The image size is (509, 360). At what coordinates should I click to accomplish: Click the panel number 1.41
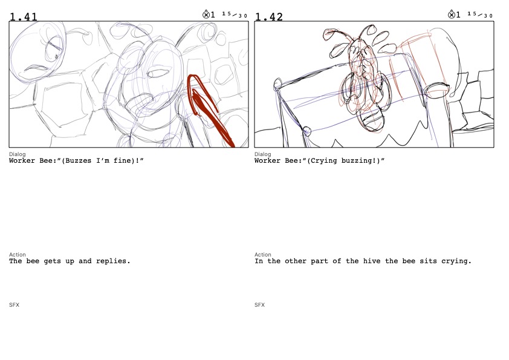click(x=24, y=16)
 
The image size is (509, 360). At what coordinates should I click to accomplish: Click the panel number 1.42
click(x=269, y=16)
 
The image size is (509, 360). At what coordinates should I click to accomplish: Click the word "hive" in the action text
click(x=372, y=261)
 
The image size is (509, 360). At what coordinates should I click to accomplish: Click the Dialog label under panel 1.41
click(x=17, y=154)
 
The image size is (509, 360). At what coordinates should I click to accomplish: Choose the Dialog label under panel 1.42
click(x=262, y=154)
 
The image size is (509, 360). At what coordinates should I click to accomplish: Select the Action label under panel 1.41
click(x=17, y=255)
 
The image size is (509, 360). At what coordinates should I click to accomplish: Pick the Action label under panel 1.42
click(x=262, y=255)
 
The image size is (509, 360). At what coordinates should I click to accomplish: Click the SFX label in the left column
click(x=15, y=305)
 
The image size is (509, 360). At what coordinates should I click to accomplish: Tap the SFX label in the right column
click(x=260, y=305)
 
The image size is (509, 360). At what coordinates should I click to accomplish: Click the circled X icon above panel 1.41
click(x=206, y=15)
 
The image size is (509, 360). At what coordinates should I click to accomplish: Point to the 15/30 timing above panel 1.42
click(x=480, y=15)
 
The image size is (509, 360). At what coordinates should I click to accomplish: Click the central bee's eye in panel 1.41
click(x=159, y=73)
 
